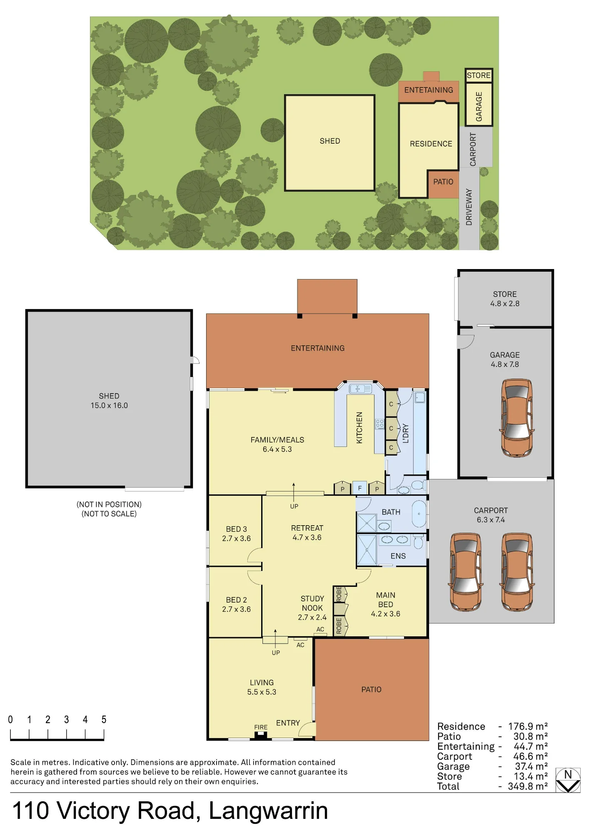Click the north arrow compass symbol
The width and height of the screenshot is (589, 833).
(568, 780)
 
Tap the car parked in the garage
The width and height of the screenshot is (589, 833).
(517, 418)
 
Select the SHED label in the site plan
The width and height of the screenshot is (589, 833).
(330, 141)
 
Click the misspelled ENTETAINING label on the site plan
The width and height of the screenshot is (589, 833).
(429, 90)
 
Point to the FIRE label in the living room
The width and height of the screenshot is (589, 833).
(261, 727)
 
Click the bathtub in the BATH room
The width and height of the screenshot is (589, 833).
(419, 514)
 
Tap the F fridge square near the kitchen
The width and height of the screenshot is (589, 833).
(360, 488)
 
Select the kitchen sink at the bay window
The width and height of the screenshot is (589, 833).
(360, 389)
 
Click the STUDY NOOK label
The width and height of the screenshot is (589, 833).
(312, 604)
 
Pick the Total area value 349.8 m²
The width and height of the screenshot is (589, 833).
(528, 786)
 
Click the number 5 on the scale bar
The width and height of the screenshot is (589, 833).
(104, 720)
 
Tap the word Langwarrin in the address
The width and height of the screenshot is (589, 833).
(268, 811)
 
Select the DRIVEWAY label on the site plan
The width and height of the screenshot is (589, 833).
(469, 207)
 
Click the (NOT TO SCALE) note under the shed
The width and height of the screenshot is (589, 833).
(109, 514)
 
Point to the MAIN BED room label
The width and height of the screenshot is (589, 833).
(386, 600)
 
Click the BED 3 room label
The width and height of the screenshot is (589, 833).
(236, 529)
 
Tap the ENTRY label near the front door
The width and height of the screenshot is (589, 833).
(288, 723)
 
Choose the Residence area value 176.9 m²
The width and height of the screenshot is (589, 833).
(528, 726)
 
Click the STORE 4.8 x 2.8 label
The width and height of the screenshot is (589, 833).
(505, 299)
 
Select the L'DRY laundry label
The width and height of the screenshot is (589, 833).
(406, 433)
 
